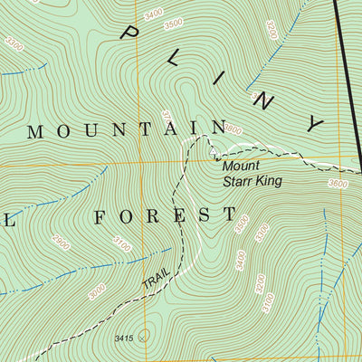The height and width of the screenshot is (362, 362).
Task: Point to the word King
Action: pos(269,182)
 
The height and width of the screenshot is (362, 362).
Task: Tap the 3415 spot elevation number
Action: pos(124,338)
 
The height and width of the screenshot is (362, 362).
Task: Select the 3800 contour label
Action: pos(233,130)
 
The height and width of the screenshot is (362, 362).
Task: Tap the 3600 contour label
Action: pos(338,184)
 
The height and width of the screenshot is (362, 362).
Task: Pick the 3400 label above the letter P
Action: pos(154,13)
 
